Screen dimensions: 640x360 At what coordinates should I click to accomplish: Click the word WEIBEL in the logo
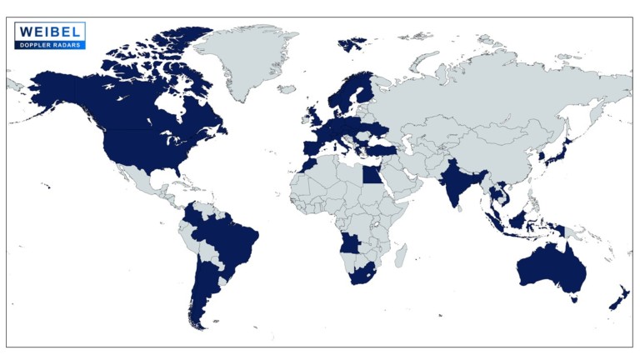[49, 31]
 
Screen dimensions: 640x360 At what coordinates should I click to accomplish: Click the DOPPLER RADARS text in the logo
[49, 43]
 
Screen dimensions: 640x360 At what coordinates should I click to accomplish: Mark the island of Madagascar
[402, 253]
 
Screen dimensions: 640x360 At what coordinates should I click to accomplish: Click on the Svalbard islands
[352, 41]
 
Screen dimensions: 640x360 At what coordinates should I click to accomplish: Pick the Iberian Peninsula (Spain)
[310, 148]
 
